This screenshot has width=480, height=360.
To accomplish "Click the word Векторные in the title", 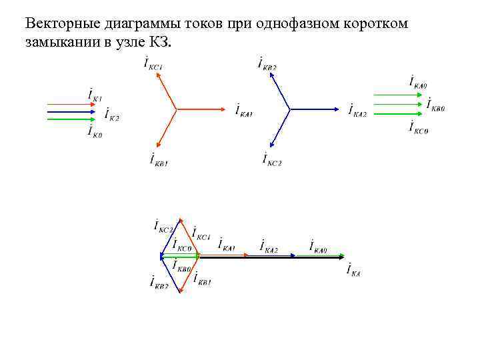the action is click(x=59, y=24).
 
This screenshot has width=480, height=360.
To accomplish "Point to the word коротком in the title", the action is click(x=379, y=24).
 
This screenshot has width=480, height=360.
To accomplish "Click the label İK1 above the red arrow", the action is click(x=95, y=94).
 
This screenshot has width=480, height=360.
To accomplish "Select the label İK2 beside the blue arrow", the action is click(x=112, y=115).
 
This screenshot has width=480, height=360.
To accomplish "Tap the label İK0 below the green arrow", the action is click(x=95, y=131).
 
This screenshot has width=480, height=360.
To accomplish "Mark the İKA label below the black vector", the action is click(x=353, y=269).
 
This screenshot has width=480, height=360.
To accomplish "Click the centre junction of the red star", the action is click(x=175, y=109).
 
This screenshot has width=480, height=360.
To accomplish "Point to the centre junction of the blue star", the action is click(x=289, y=109).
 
